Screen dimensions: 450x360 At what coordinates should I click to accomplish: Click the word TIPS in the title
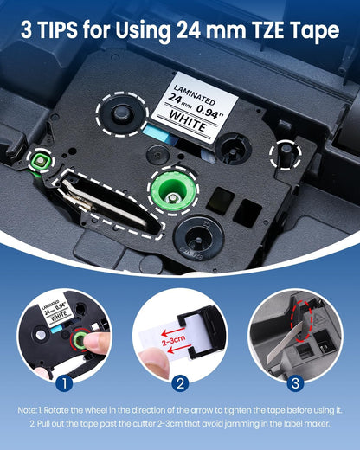tap(66, 32)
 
